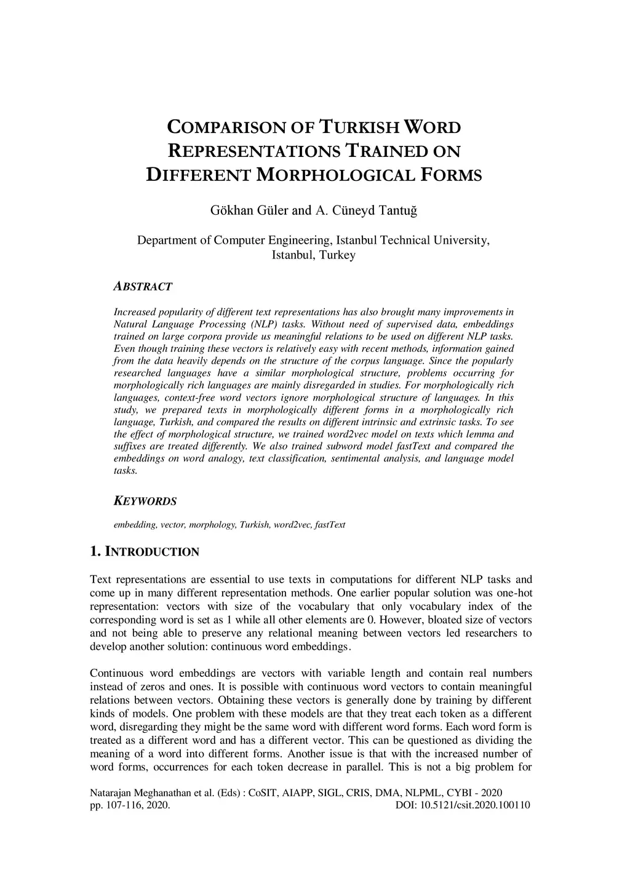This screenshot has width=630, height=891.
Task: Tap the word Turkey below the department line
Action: point(336,255)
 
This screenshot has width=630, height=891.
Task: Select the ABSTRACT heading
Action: point(143,287)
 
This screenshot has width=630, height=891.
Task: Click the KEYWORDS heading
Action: point(145,501)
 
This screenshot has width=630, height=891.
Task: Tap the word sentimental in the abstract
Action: point(341,458)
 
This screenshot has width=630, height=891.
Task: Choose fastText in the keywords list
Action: point(330,525)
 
